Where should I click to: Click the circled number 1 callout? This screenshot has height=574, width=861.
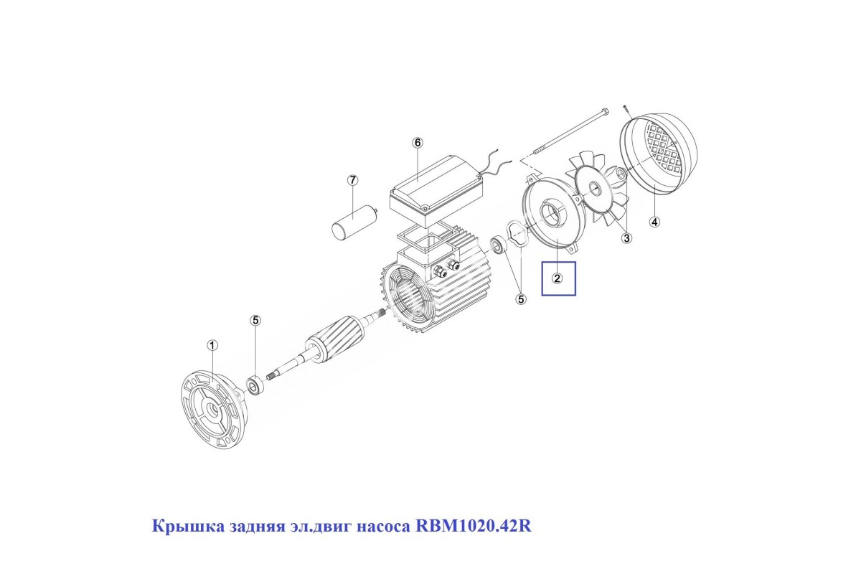pyautogui.click(x=212, y=346)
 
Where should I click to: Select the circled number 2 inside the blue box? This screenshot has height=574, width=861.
pyautogui.click(x=557, y=278)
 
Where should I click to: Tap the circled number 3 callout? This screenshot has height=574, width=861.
pyautogui.click(x=626, y=238)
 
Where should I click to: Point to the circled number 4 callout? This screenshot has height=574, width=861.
pyautogui.click(x=654, y=222)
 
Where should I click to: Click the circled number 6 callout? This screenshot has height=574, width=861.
pyautogui.click(x=418, y=143)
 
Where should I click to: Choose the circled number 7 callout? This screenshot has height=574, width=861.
pyautogui.click(x=352, y=180)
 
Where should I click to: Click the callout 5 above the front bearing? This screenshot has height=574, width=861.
pyautogui.click(x=255, y=321)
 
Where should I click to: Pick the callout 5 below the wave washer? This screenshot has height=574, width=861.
pyautogui.click(x=521, y=299)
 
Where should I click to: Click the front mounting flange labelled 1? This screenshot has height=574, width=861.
pyautogui.click(x=212, y=409)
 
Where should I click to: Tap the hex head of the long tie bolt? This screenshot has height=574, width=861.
pyautogui.click(x=605, y=112)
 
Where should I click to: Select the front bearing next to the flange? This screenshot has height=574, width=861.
pyautogui.click(x=255, y=385)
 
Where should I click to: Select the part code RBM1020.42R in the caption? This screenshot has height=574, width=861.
pyautogui.click(x=474, y=526)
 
